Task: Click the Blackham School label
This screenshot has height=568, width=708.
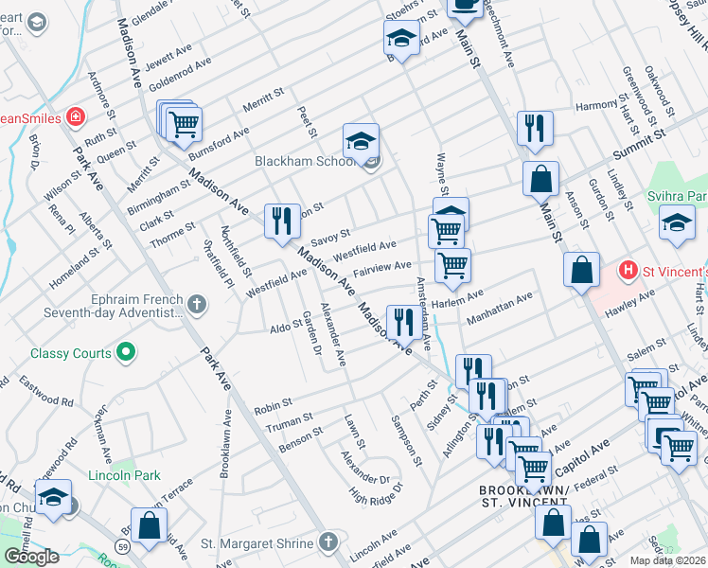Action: point(303,162)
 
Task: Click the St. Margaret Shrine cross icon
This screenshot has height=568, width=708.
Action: point(327,543)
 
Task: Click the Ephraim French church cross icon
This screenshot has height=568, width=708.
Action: point(197,304)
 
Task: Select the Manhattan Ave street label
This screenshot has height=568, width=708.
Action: point(500,307)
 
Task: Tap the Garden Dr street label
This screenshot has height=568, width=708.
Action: point(306,332)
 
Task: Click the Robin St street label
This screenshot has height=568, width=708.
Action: point(273,409)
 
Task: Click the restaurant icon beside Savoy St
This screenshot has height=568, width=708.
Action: point(282,221)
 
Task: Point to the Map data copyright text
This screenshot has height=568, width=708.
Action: point(667,560)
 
